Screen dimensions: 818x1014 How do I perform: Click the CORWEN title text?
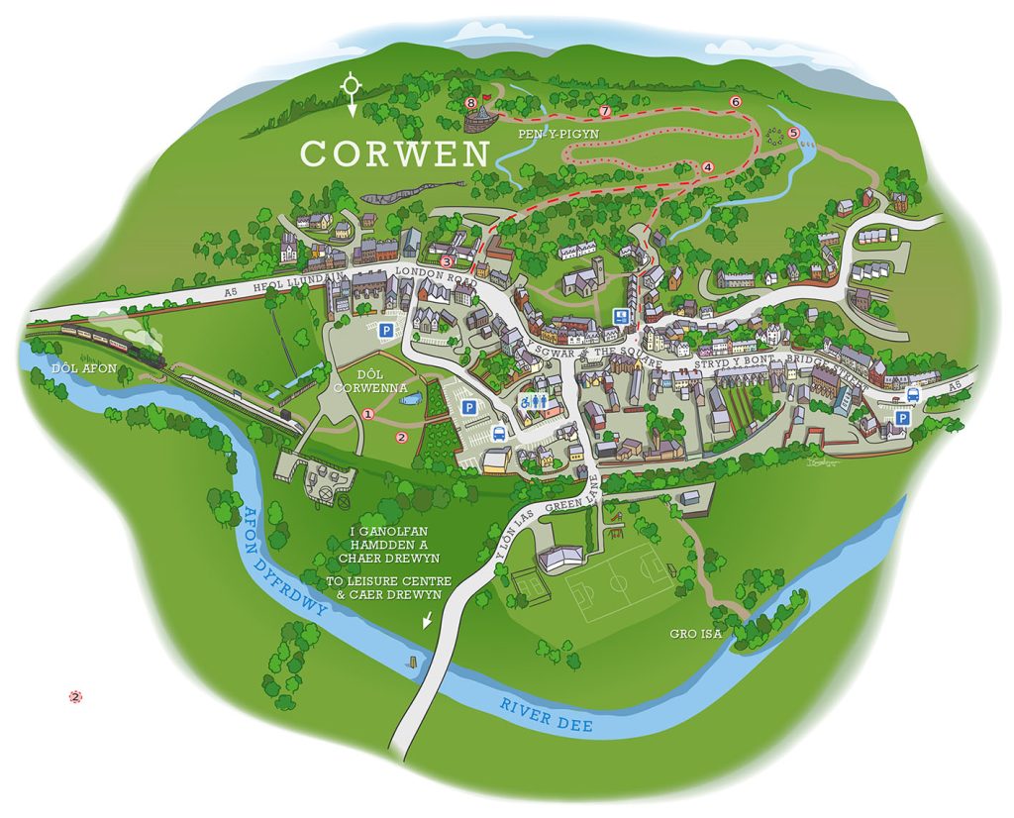395,153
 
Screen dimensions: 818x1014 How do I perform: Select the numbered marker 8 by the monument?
471,102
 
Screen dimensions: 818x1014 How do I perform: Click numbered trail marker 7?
604,110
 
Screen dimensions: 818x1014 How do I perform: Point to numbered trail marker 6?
735,102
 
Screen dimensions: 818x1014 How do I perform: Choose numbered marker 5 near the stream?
793,133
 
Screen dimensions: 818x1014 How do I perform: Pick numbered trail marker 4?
707,167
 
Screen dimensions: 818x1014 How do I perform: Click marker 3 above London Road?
447,261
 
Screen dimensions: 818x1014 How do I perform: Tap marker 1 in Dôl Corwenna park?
367,414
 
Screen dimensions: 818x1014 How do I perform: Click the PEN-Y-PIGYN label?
565,133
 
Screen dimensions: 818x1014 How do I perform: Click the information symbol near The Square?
621,317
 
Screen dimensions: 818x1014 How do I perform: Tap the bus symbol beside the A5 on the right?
912,394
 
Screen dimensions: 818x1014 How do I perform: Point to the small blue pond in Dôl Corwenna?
412,398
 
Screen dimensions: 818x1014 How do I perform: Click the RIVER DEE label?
546,714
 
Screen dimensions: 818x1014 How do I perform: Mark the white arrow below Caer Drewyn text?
427,621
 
